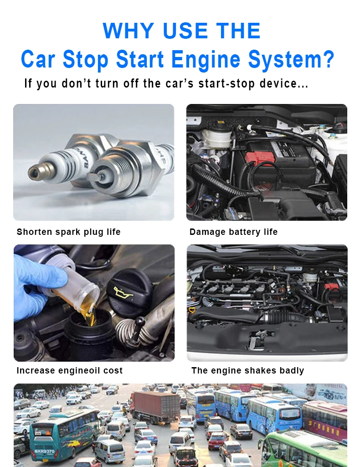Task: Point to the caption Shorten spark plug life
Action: pyautogui.click(x=68, y=232)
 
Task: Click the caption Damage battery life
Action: pyautogui.click(x=233, y=232)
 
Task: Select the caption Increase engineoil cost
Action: pyautogui.click(x=69, y=370)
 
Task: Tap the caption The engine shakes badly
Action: pyautogui.click(x=247, y=370)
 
